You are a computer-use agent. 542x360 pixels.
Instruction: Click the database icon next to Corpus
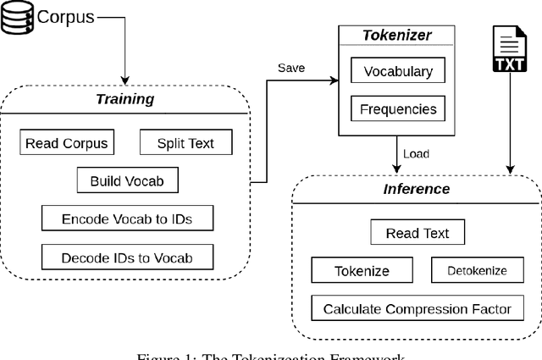[x=14, y=17]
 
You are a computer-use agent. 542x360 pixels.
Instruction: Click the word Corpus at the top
[x=61, y=16]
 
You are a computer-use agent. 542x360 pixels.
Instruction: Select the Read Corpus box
[x=67, y=143]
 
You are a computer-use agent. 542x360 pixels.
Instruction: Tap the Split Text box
[x=186, y=143]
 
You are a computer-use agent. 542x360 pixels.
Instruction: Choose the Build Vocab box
[x=128, y=180]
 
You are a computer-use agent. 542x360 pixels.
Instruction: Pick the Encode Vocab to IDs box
[x=127, y=218]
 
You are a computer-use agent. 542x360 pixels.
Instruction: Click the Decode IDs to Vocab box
[x=127, y=257]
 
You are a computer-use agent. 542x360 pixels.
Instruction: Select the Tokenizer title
[x=397, y=35]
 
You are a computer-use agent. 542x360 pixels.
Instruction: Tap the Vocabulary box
[x=397, y=72]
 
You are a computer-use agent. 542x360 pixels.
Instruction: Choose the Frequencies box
[x=397, y=109]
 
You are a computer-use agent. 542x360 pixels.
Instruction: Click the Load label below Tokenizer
[x=415, y=153]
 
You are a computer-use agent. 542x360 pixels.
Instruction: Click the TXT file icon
[x=510, y=50]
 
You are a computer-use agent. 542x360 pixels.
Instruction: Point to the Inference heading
[x=418, y=189]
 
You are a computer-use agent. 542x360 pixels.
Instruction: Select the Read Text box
[x=418, y=233]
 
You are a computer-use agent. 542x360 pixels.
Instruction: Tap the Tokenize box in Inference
[x=362, y=271]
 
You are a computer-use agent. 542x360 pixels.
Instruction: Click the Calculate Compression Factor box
[x=418, y=308]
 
